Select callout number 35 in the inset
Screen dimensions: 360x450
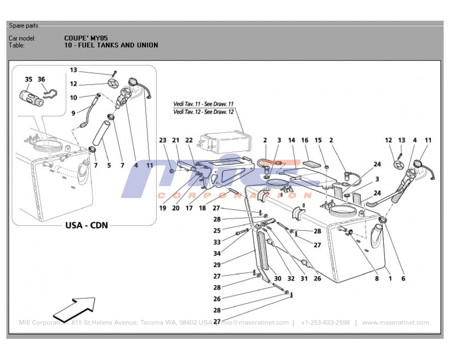(x=28, y=79)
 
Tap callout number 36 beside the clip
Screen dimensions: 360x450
(x=41, y=79)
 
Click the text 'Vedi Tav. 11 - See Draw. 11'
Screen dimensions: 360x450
(x=203, y=104)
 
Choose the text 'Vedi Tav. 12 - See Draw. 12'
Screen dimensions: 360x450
(x=203, y=112)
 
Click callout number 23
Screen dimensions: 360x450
(x=162, y=140)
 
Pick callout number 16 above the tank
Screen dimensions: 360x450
(x=305, y=140)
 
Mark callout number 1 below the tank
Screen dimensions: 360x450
(x=390, y=279)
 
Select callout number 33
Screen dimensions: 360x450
(x=218, y=242)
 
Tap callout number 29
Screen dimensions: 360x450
(x=218, y=265)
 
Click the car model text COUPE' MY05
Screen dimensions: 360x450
(x=86, y=38)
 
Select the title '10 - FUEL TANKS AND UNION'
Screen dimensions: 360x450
(x=111, y=45)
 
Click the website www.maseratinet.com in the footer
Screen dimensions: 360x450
(x=395, y=323)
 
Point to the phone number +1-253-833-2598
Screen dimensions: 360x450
(x=325, y=323)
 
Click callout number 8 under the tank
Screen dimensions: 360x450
(x=377, y=279)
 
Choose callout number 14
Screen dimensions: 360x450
(x=292, y=140)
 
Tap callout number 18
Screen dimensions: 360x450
(x=202, y=208)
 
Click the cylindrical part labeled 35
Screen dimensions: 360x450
(x=31, y=98)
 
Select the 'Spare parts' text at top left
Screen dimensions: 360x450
(x=23, y=26)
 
